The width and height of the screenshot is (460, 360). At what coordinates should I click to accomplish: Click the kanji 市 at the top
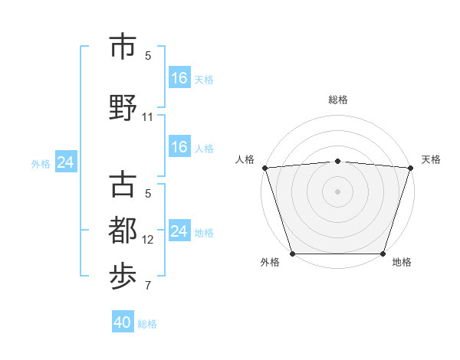point(124,47)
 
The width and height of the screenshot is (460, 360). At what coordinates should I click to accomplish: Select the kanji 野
point(124,107)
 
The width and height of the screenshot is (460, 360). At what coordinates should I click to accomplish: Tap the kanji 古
point(124,186)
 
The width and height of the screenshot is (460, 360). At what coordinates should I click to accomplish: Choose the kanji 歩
point(124,277)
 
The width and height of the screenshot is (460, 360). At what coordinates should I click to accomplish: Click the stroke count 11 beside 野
point(148,117)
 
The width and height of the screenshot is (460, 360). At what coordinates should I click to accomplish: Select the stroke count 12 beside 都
point(148,240)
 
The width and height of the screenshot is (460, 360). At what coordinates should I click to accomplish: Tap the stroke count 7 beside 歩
point(148,286)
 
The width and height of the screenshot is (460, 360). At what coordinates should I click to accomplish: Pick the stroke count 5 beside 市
point(148,55)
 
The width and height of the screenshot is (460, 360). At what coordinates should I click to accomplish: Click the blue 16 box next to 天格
point(179,78)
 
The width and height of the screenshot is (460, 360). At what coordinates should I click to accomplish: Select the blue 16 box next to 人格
point(179,147)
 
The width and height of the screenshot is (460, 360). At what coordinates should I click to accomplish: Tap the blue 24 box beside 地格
point(179,231)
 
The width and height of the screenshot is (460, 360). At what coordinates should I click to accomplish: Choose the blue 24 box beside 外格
point(65,162)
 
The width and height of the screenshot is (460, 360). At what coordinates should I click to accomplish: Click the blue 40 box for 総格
point(122,322)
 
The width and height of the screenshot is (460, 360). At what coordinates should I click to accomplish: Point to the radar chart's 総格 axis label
point(338,100)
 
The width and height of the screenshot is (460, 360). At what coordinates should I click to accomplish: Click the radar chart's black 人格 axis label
point(245,159)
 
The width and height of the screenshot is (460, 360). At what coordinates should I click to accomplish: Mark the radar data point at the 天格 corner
point(411,168)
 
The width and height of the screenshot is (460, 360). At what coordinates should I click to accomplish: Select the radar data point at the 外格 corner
point(293,254)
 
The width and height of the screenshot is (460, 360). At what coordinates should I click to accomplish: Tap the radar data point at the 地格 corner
point(383,254)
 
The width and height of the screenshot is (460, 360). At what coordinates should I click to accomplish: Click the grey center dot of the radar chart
point(338,191)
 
